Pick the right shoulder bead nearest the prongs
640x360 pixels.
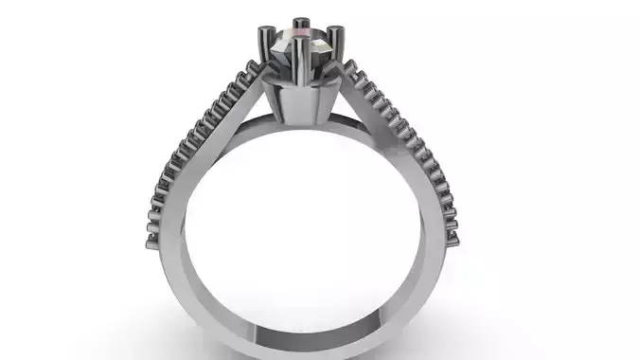tap(350, 67)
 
